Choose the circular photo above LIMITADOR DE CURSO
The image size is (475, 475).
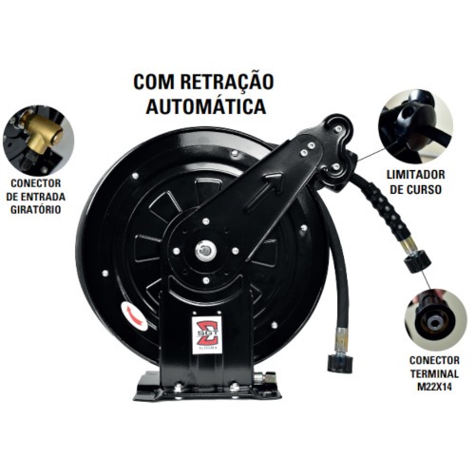[417, 123]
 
